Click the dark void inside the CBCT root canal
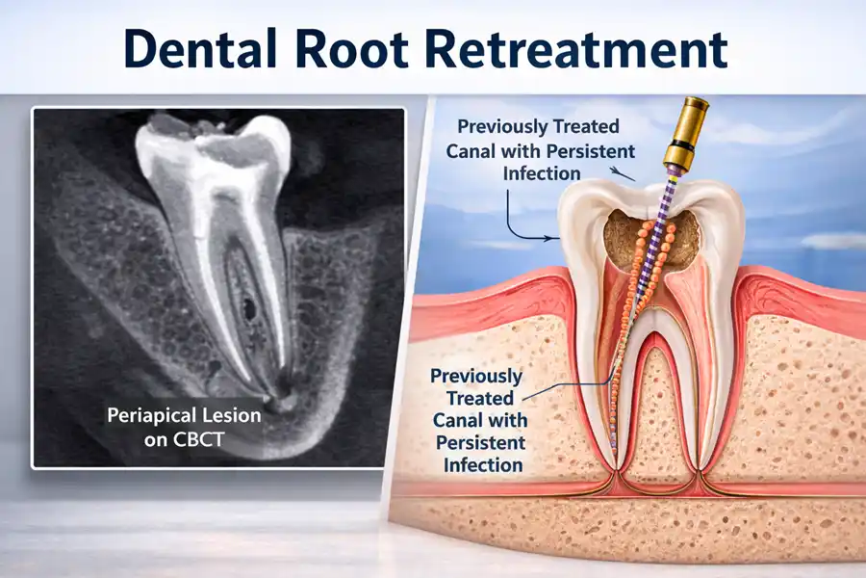(249, 310)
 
